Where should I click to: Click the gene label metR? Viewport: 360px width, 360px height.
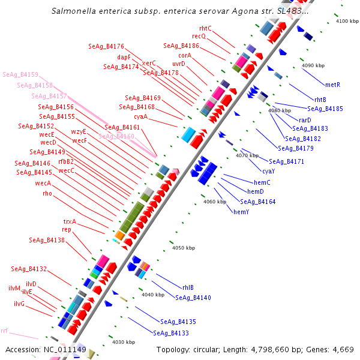point(332,85)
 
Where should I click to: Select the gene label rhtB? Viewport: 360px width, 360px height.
point(320,100)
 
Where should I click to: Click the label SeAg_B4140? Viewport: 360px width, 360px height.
point(193,298)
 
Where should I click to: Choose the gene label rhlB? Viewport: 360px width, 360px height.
point(188,287)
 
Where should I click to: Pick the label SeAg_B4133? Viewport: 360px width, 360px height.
point(171,333)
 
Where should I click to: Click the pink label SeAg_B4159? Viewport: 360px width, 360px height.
point(20,75)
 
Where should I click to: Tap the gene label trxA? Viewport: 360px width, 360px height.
point(70,221)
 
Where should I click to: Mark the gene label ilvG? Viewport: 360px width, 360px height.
point(19,304)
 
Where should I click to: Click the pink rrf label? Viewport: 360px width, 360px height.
point(4,331)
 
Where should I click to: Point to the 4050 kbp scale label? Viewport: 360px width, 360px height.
point(184,247)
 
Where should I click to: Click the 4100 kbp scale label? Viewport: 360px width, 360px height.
point(347,21)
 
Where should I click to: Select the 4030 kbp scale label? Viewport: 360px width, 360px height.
point(123,342)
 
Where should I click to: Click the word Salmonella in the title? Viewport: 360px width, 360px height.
point(73,11)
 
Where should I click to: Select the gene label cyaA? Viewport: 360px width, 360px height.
point(141,116)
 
